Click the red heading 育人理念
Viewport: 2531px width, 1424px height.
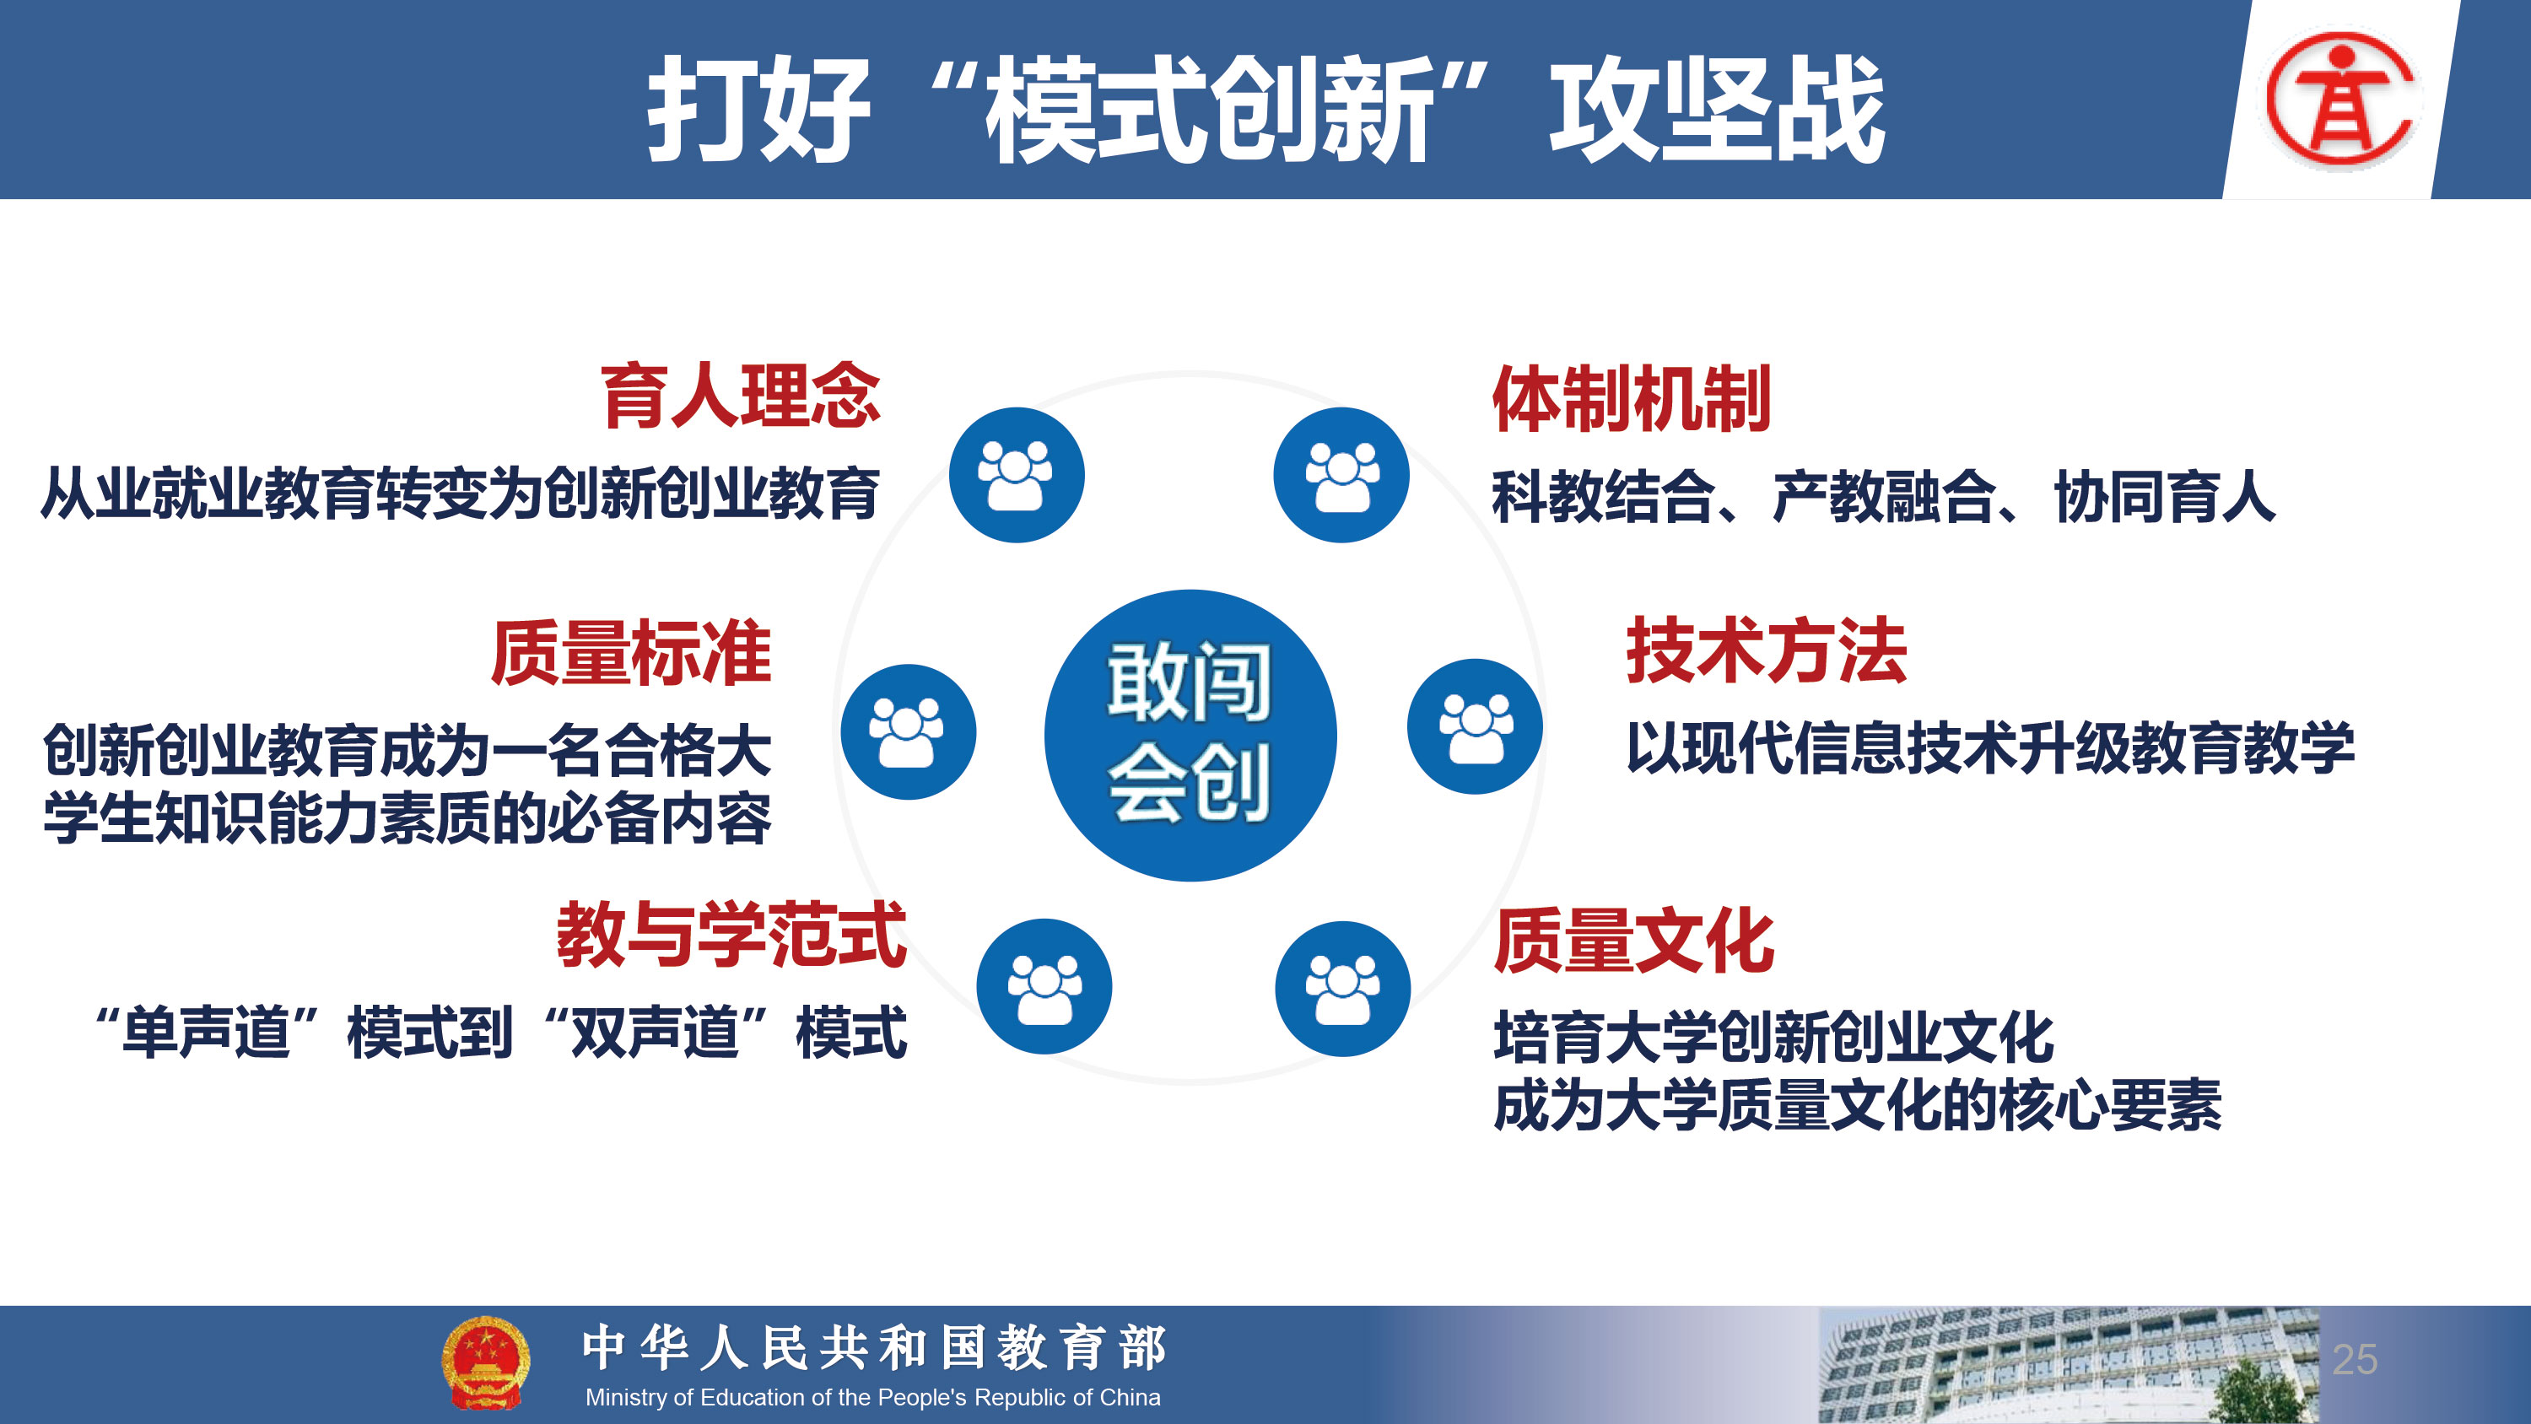click(741, 396)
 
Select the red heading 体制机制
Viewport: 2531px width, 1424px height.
click(1632, 399)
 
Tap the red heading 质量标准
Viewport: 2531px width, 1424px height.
click(632, 653)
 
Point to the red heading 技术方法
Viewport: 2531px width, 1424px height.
click(1767, 650)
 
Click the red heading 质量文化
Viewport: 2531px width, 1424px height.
click(1634, 941)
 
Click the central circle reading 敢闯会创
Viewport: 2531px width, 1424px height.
click(1190, 735)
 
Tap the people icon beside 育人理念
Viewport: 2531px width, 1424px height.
click(1016, 475)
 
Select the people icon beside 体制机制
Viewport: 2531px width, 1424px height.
click(1341, 475)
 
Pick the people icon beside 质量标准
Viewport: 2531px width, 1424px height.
click(908, 731)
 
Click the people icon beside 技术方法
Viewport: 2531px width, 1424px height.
click(1475, 726)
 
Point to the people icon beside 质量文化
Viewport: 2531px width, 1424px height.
click(1343, 989)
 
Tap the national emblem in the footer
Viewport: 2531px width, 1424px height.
click(485, 1363)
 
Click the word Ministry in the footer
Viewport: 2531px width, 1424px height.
click(626, 1398)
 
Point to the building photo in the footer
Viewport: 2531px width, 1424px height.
click(2068, 1365)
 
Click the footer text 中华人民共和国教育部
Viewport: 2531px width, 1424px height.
click(873, 1346)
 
